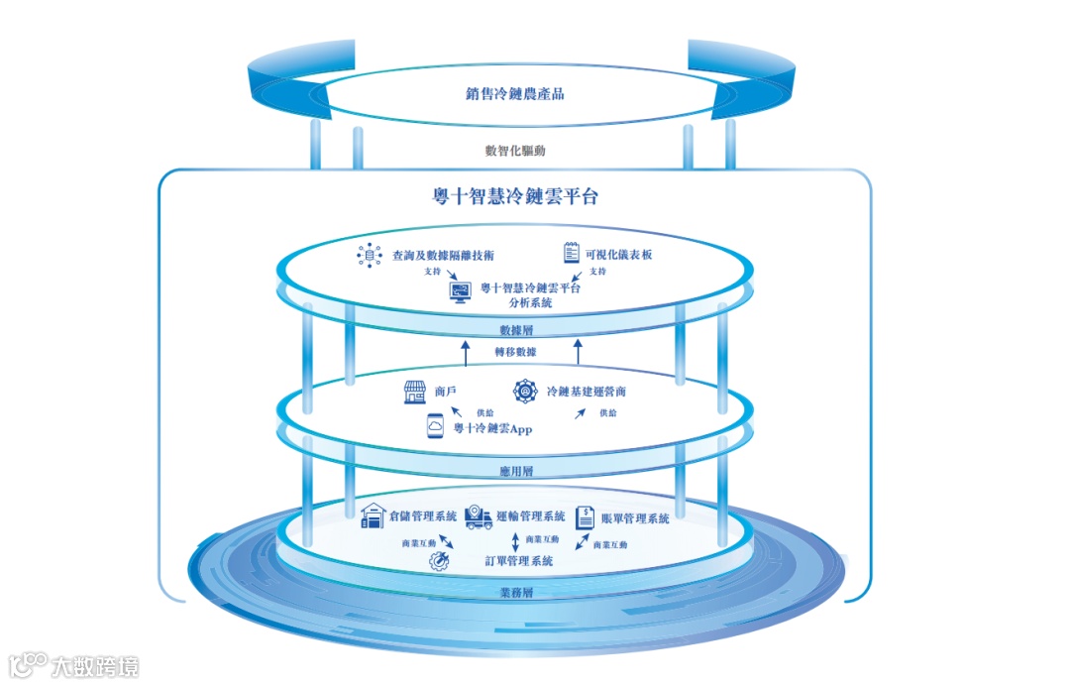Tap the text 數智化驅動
(x=514, y=152)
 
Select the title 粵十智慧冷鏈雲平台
(x=514, y=196)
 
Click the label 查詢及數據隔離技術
(x=443, y=256)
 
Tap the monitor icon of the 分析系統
(x=461, y=292)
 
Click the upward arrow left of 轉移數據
(x=465, y=352)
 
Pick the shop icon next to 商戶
(x=414, y=393)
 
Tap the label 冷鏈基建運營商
(x=586, y=393)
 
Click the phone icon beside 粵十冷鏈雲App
(x=435, y=427)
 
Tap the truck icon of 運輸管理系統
(x=479, y=515)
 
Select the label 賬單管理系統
(x=635, y=518)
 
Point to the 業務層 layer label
(x=516, y=593)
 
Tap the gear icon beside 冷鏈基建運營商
(x=524, y=391)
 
